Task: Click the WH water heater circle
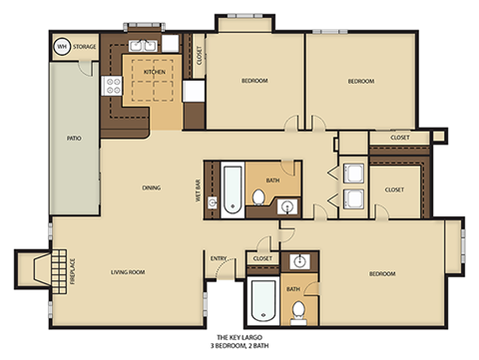point(62,45)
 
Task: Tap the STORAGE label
point(84,45)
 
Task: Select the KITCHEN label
point(154,72)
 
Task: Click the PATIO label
point(73,139)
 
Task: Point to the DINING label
point(151,186)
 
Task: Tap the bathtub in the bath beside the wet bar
point(231,189)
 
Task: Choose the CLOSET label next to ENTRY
point(262,258)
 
